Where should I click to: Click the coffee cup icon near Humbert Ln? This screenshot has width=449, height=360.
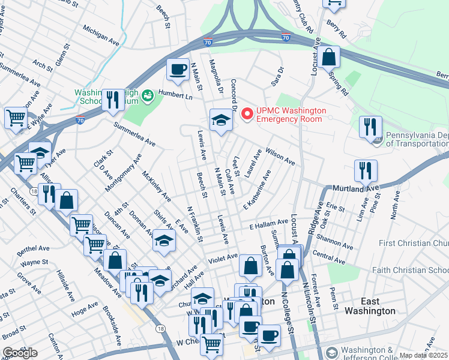[177, 70]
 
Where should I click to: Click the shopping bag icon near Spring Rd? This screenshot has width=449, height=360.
[330, 58]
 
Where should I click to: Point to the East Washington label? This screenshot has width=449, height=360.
[370, 306]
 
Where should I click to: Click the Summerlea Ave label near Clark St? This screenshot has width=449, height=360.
[135, 134]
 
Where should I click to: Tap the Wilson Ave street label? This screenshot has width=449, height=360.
[280, 157]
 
